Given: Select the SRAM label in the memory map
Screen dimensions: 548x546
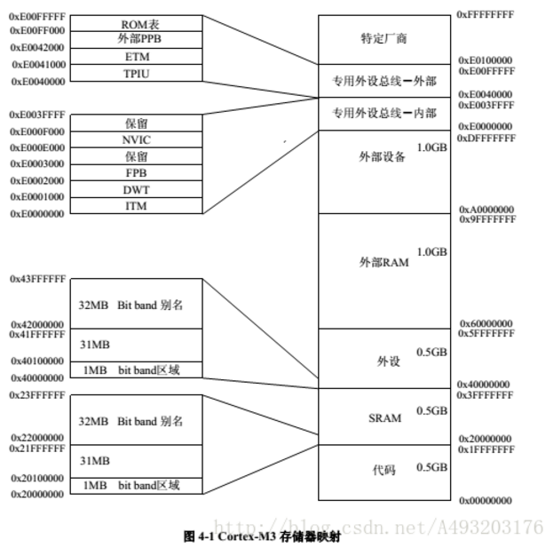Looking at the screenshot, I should click(x=384, y=417).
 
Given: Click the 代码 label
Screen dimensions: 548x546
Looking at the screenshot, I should click(x=384, y=470).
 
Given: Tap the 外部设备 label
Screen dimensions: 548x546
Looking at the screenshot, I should click(x=383, y=157).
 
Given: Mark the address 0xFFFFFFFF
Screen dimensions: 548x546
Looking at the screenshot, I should click(x=485, y=15).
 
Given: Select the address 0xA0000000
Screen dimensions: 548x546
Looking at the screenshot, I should click(x=486, y=209).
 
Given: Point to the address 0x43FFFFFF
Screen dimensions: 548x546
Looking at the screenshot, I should click(x=38, y=279).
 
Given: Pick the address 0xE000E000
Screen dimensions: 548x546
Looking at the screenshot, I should click(x=37, y=147).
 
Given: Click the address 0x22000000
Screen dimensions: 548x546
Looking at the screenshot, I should click(x=37, y=438).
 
